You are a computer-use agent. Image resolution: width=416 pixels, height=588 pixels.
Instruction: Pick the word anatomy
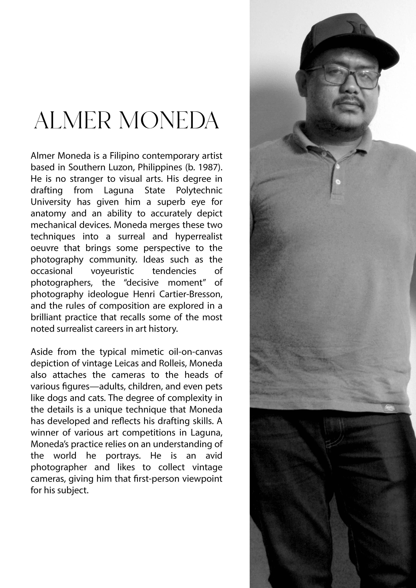pyautogui.click(x=48, y=214)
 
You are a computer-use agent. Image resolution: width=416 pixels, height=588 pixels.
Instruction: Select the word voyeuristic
pyautogui.click(x=112, y=271)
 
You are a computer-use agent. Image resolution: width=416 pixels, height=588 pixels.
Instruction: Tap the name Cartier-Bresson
pyautogui.click(x=191, y=294)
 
